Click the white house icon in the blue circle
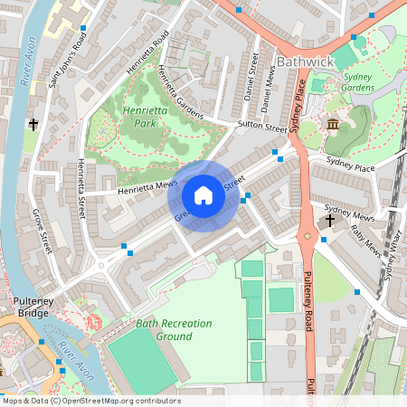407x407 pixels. coord(203,195)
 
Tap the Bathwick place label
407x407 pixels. coord(305,62)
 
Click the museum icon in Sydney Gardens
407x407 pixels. coord(333,124)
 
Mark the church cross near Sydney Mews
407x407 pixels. coord(330,220)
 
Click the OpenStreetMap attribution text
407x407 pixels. coord(91,401)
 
